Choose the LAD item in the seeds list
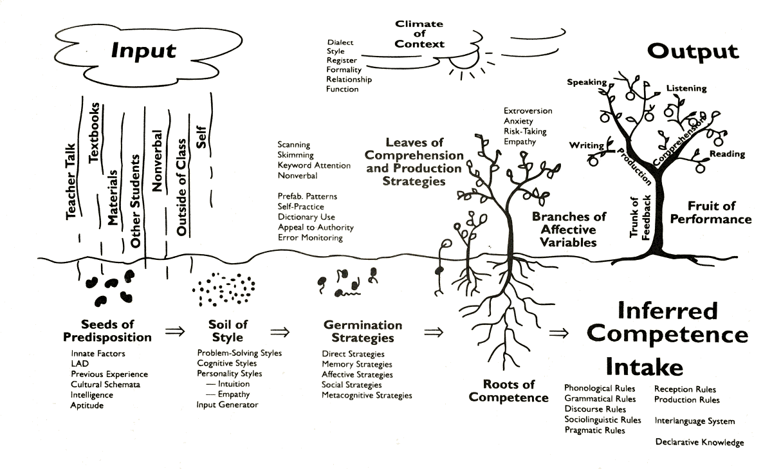(x=79, y=363)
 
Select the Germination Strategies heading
(x=363, y=331)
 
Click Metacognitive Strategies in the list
(x=367, y=395)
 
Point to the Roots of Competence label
(x=508, y=391)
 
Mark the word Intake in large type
(x=644, y=367)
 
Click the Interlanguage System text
(x=694, y=421)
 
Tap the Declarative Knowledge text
(x=699, y=442)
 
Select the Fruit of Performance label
(x=711, y=212)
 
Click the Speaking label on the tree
(x=587, y=82)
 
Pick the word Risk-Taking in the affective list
(x=524, y=131)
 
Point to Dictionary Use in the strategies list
(x=306, y=217)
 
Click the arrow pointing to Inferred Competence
(x=560, y=333)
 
